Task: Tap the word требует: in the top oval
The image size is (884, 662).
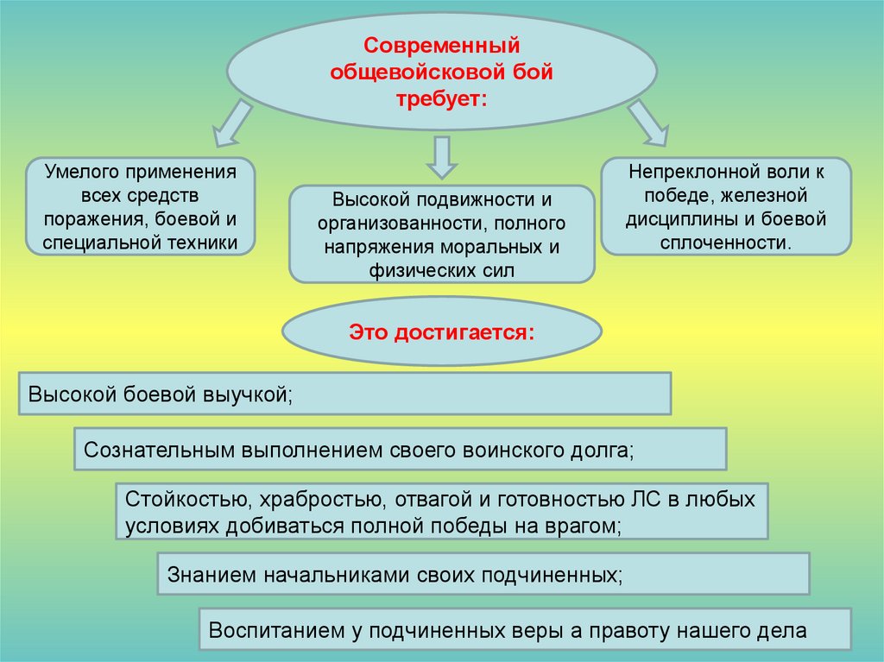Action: coord(441,100)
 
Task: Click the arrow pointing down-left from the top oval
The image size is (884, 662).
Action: coord(231,123)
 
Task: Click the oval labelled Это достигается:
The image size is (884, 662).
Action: coord(441,331)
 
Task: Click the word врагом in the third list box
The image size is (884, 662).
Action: coord(586,525)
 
